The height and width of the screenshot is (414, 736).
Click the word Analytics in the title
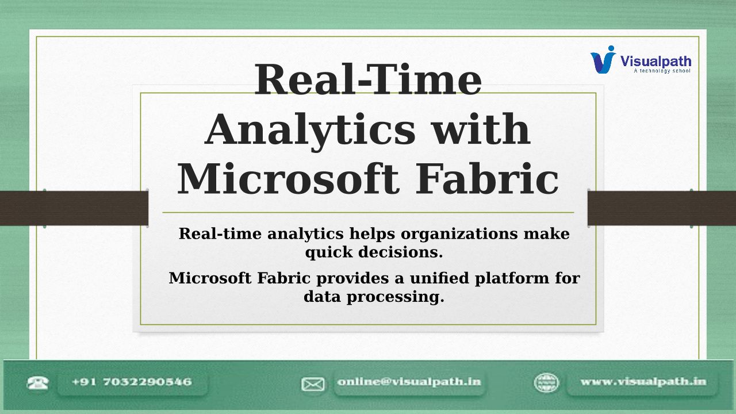tap(310, 131)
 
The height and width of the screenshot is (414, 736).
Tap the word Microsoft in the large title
tap(288, 179)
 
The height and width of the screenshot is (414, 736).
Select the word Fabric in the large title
tap(486, 179)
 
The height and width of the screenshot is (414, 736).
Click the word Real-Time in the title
tap(368, 80)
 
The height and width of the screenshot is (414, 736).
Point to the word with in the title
tap(481, 129)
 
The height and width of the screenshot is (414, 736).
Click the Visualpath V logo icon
tap(603, 59)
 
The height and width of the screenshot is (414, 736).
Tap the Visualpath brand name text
tap(656, 62)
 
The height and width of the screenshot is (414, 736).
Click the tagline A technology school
tap(662, 71)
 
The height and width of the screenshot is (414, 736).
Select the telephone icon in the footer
tap(38, 383)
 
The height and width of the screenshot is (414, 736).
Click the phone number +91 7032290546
tap(132, 382)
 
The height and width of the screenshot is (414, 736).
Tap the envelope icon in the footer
tap(313, 384)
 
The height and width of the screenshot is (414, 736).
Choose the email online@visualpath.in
tap(409, 382)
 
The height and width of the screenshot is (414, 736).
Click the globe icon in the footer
tap(546, 383)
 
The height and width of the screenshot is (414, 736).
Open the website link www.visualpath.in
tap(643, 382)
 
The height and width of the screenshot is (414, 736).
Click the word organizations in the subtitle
tap(459, 234)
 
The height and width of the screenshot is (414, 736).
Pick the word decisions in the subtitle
tap(401, 252)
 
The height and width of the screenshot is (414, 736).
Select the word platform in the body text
tap(512, 279)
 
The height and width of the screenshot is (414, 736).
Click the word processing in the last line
tap(396, 297)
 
